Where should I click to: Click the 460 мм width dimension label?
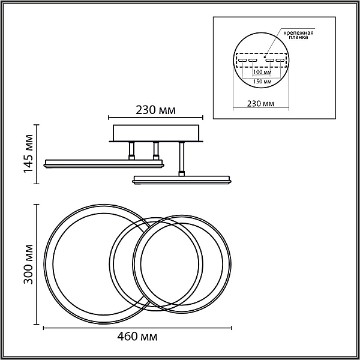tap(137, 337)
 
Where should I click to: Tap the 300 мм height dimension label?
tap(29, 264)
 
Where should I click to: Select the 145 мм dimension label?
tap(29, 154)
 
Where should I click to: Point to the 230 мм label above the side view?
tap(155, 110)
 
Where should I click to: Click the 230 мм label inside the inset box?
tap(260, 104)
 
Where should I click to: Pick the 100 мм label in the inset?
tap(262, 72)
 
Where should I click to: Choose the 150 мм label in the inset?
tap(262, 82)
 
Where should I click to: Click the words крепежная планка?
tap(298, 35)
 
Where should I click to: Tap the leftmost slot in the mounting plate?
tap(242, 61)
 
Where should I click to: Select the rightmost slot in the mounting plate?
tap(280, 61)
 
